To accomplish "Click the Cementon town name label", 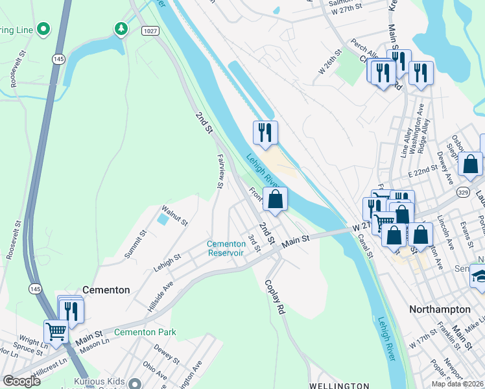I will pos(106,290).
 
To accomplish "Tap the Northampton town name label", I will pos(440,309).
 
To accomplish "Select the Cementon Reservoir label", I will pos(225,248).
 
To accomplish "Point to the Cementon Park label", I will pos(145,332).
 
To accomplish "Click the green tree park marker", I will pos(120,29).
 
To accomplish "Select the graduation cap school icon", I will pos(479,276).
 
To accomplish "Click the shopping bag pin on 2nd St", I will pos(276,200).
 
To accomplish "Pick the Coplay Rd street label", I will pos(274,296).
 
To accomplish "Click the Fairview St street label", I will pos(220,171).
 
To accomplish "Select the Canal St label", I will pos(366,244).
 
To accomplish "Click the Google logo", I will pos(21,381).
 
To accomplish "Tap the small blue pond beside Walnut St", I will pos(162,220).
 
